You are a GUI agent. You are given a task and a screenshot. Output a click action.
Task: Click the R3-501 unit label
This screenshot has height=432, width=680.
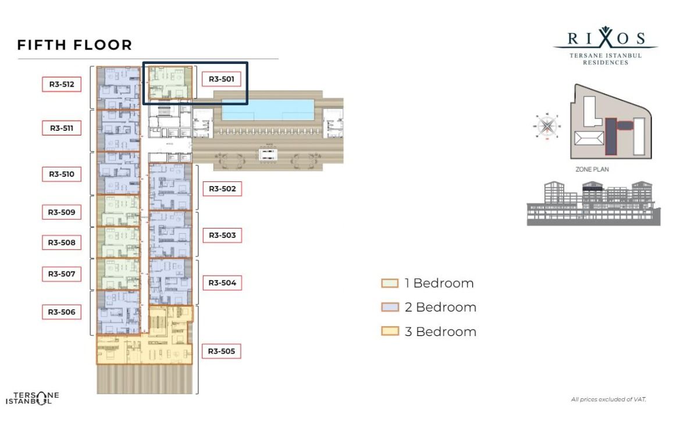(221, 79)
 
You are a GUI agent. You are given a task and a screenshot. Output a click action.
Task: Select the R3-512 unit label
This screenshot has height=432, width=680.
(61, 84)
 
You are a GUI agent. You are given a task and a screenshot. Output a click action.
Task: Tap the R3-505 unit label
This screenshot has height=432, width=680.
(221, 351)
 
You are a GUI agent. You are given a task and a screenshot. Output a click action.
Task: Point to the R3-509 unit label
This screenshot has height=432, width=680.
(61, 212)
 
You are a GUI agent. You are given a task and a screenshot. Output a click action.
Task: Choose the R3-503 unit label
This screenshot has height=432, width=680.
(222, 235)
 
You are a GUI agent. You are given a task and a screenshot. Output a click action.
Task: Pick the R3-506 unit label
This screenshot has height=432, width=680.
(61, 312)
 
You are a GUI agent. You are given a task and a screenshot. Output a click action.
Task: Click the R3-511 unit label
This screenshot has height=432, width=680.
(61, 128)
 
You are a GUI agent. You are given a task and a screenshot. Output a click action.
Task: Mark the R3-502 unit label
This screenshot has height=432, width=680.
(222, 189)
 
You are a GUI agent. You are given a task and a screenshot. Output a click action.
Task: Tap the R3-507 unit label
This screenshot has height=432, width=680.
(61, 273)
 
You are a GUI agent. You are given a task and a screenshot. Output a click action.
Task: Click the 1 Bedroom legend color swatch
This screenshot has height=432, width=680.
(390, 284)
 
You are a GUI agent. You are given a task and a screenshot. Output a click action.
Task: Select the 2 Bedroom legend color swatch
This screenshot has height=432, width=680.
(390, 308)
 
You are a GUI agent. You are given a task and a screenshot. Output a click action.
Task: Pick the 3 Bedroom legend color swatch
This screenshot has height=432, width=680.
(390, 331)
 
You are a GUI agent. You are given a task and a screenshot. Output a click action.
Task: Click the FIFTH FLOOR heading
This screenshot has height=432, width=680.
(74, 45)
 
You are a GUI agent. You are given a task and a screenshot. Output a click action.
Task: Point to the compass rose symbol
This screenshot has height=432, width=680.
(547, 126)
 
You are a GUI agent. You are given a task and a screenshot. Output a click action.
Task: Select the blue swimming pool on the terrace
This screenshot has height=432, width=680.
(268, 110)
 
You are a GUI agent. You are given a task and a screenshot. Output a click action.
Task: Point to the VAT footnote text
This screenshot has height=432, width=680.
(609, 399)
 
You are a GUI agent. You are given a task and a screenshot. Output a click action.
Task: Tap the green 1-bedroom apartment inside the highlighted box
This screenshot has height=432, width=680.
(167, 83)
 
